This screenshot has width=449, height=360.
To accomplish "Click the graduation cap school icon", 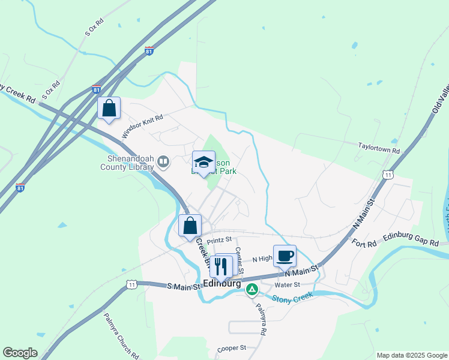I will point(203,161).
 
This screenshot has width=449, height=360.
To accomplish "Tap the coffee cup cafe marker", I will point(285,256).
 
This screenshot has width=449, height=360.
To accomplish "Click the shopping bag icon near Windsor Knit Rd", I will point(109,108).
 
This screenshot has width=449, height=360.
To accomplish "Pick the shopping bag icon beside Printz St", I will point(190,226).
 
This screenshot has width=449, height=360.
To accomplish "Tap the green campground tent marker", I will point(253,290).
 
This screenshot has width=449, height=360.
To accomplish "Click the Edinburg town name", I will point(222,283).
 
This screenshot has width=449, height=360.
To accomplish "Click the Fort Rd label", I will point(364,243).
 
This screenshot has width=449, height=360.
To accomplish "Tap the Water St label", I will point(287,285).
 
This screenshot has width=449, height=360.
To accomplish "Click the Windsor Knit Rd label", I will point(142,127).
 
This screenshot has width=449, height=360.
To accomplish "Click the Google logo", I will point(20,353).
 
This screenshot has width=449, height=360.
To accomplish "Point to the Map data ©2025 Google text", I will point(411,355).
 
